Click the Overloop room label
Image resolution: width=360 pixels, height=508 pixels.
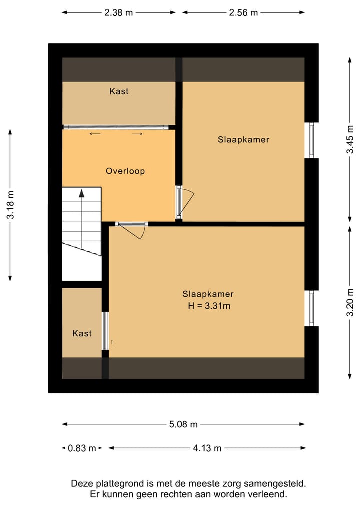(x=125, y=171)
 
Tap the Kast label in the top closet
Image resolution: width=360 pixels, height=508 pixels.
(x=119, y=91)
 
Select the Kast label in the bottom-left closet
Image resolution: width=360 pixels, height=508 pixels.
(x=82, y=333)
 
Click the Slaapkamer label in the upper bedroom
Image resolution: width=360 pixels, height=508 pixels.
(x=243, y=140)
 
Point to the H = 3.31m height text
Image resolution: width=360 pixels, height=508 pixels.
(x=209, y=306)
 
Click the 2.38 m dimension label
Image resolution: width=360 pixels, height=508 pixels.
(x=119, y=13)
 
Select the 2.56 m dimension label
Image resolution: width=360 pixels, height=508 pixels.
(x=243, y=13)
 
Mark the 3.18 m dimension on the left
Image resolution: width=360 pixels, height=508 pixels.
(x=10, y=205)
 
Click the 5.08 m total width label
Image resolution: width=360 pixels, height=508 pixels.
(x=183, y=424)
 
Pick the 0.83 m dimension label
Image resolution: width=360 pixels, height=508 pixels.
(x=82, y=448)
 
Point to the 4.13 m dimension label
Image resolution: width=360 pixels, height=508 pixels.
(x=207, y=448)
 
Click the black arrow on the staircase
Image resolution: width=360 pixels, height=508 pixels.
(x=81, y=194)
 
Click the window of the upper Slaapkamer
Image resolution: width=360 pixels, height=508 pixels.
(x=311, y=140)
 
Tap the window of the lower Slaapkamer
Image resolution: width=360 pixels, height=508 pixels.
(x=311, y=309)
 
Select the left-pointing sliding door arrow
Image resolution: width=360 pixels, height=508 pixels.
(x=95, y=134)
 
